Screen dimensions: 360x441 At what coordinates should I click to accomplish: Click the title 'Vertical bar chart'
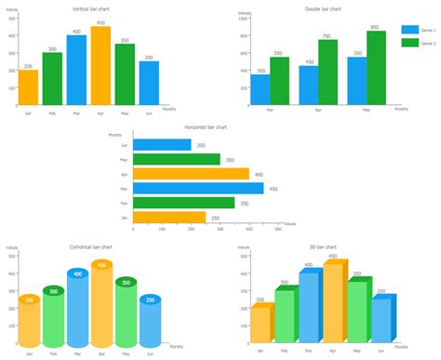tap(93, 8)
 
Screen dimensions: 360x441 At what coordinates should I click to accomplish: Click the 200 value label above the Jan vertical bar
tap(29, 66)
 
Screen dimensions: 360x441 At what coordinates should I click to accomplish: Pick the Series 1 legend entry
tap(418, 30)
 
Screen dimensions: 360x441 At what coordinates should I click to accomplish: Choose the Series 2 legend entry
tap(418, 43)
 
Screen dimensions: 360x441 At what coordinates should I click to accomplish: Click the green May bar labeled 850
tap(376, 68)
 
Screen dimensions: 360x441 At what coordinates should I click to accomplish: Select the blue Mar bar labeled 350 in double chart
tap(261, 89)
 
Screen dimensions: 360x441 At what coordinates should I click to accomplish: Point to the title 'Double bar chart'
tap(323, 8)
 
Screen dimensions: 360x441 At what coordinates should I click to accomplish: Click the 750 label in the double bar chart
tap(326, 35)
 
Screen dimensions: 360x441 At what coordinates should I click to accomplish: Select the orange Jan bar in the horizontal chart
tap(169, 217)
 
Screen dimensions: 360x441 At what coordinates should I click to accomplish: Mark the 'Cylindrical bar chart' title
tap(93, 247)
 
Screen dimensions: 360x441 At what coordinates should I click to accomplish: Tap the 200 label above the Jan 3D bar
tap(260, 300)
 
